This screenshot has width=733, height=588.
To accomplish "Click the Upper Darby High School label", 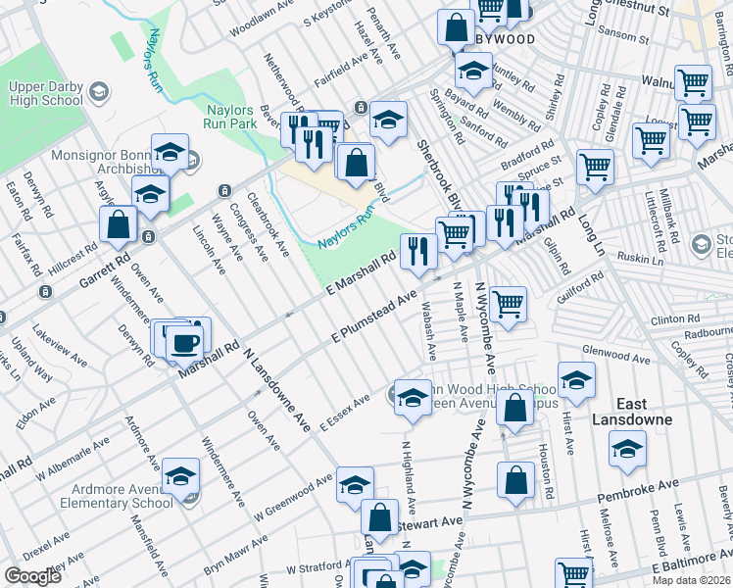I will pyautogui.click(x=46, y=93).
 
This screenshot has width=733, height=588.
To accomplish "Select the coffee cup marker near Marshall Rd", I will pyautogui.click(x=184, y=342).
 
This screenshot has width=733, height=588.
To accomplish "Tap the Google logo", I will pyautogui.click(x=32, y=576).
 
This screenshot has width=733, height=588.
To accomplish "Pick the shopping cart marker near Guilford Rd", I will pyautogui.click(x=507, y=304).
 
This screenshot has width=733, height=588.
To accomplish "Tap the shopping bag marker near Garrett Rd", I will pyautogui.click(x=119, y=223).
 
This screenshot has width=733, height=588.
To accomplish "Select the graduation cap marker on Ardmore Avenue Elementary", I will pyautogui.click(x=180, y=476).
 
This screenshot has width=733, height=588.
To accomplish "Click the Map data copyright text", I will pyautogui.click(x=691, y=580).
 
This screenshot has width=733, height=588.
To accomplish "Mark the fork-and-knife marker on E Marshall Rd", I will pyautogui.click(x=418, y=251).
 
